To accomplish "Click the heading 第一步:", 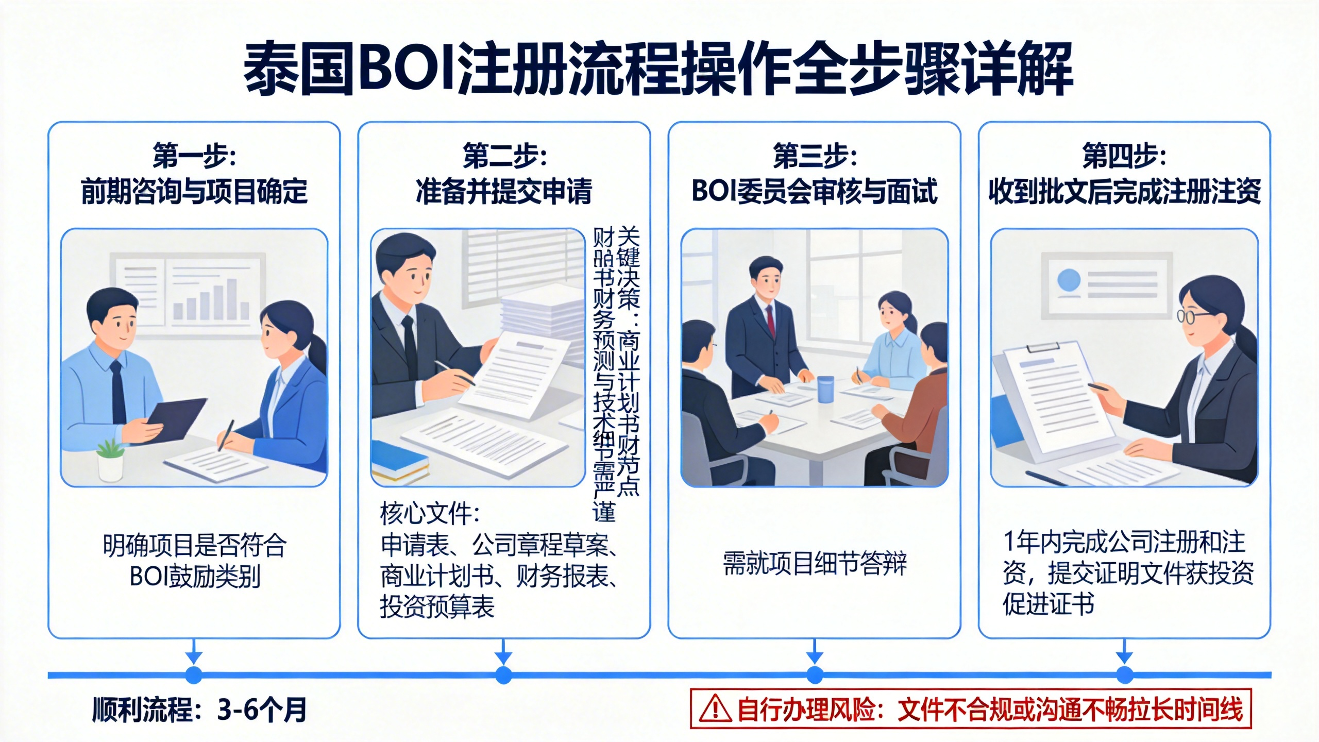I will [194, 156].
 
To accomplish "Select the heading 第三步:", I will [815, 156].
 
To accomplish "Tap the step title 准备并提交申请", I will [504, 192].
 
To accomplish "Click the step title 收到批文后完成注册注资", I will [1124, 192].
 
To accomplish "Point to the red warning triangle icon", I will [715, 710].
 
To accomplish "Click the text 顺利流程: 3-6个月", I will [199, 710].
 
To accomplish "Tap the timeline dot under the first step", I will [194, 674].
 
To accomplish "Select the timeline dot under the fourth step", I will [1124, 674].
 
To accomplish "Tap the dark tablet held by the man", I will [175, 420].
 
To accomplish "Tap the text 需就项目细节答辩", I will [815, 563].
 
